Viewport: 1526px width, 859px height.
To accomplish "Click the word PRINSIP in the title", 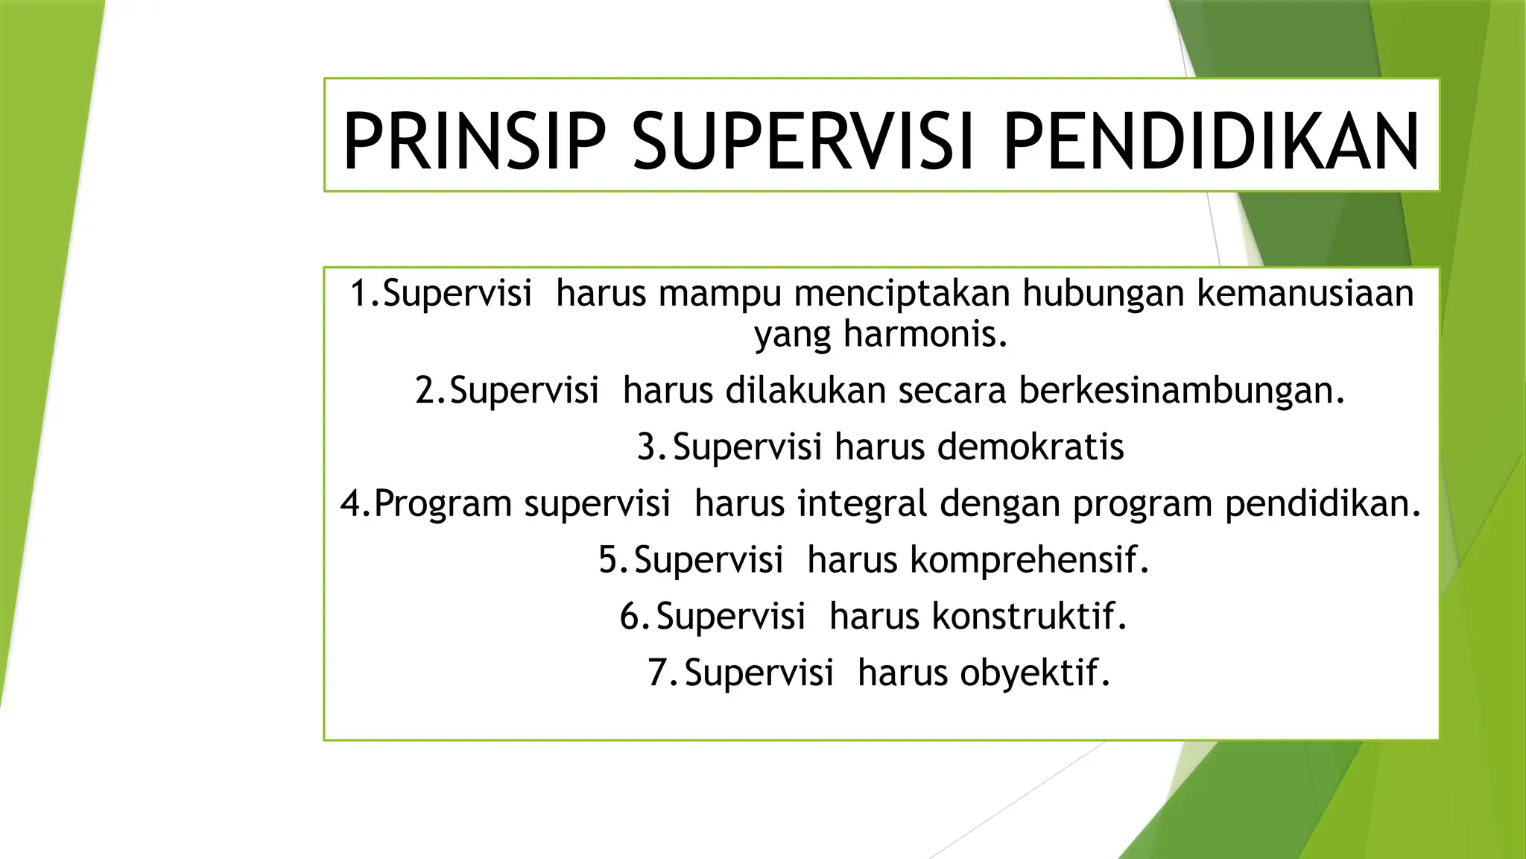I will click(474, 142).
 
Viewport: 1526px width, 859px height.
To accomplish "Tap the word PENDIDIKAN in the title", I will click(1212, 142).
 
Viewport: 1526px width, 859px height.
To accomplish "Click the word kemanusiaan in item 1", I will click(1305, 293).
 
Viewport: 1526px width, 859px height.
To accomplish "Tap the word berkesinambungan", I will click(1182, 391).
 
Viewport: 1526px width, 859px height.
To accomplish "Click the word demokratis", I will click(1030, 447).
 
